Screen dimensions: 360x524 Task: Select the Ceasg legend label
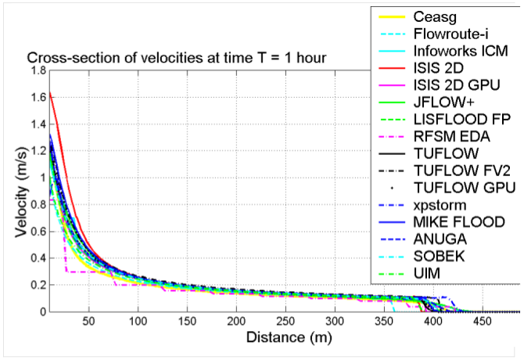[436, 16]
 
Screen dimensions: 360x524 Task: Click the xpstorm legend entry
[440, 204]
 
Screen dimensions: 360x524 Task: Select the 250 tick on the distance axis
[286, 322]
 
